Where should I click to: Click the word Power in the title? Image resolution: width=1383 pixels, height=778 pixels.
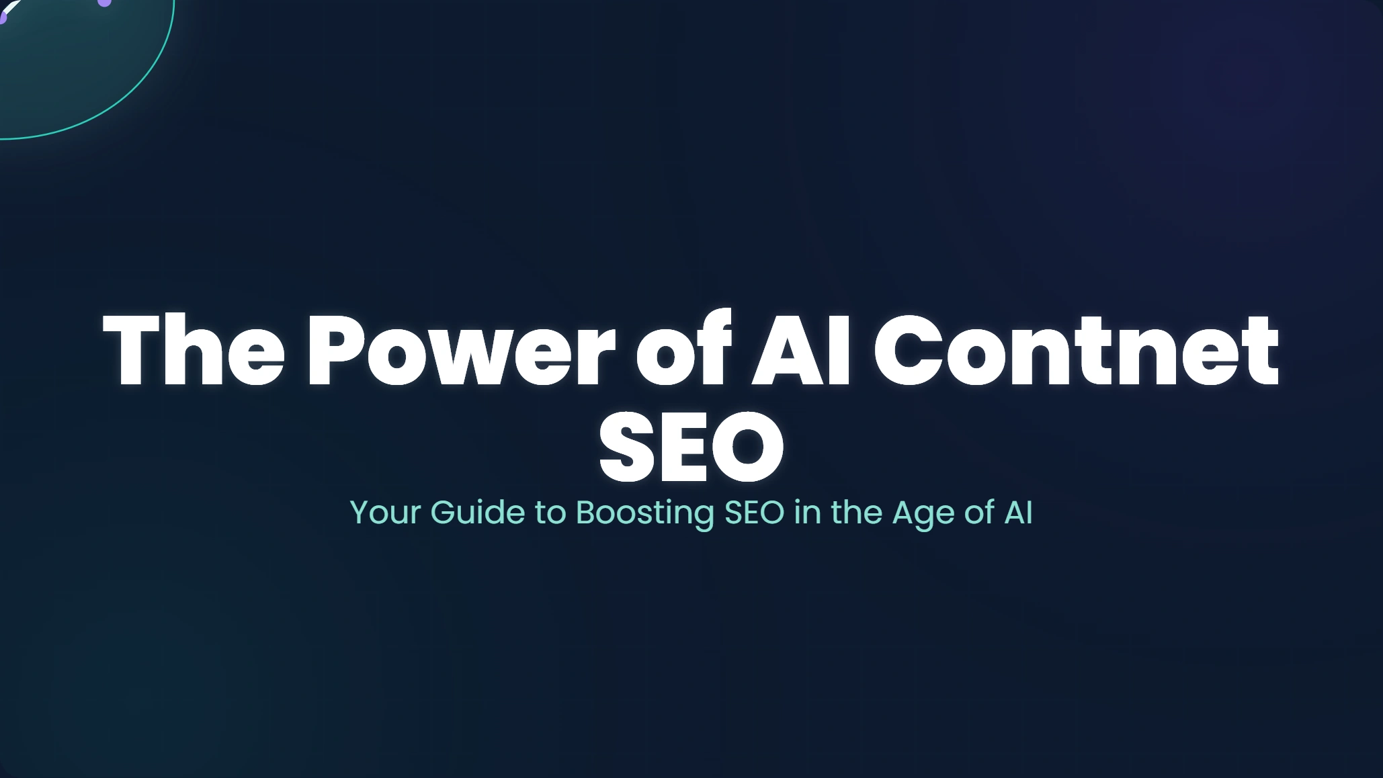460,351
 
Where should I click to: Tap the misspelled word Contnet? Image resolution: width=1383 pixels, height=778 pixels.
1076,351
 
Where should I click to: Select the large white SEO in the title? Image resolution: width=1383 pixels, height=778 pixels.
691,447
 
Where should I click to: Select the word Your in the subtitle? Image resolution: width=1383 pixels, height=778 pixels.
385,512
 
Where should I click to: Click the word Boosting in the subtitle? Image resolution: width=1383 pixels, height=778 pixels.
645,514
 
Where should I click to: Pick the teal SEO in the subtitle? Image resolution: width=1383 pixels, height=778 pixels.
754,512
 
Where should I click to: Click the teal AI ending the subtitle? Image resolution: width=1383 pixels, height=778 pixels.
1018,512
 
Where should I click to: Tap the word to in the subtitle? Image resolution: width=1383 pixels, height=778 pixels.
550,513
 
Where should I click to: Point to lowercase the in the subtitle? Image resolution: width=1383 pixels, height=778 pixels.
856,512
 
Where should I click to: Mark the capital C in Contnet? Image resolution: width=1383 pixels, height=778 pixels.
908,351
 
